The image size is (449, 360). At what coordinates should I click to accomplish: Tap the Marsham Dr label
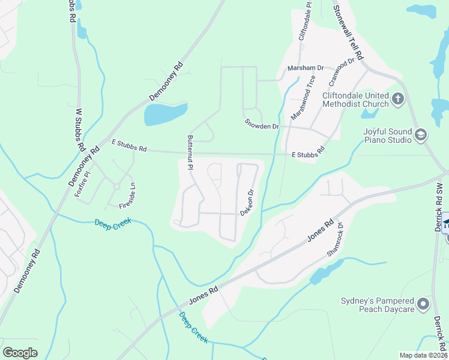click(x=305, y=68)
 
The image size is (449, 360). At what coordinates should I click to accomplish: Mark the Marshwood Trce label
click(x=303, y=96)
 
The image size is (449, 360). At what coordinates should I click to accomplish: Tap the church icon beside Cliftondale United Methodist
click(x=397, y=98)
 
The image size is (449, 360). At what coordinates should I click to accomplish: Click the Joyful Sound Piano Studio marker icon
click(x=420, y=134)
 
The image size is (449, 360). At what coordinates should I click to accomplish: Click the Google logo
click(x=20, y=353)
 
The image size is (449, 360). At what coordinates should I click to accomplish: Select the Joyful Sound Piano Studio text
click(x=387, y=136)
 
